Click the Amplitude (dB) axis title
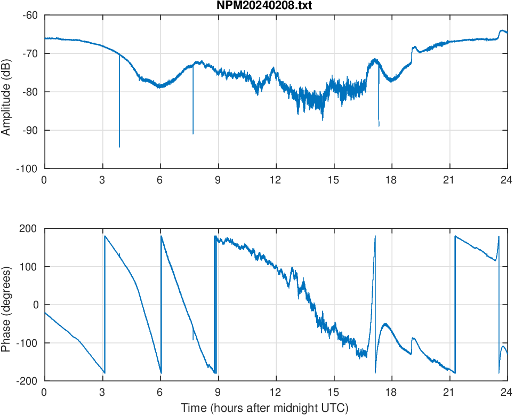coord(7,92)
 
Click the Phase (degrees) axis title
coord(7,305)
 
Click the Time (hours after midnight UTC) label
coord(264,408)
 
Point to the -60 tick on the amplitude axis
coord(31,15)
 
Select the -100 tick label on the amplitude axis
coord(29,169)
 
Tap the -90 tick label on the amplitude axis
coord(31,130)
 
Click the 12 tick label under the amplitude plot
coord(276,180)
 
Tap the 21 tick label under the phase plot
coord(449,392)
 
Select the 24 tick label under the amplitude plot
coord(507,180)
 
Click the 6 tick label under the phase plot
coord(160,392)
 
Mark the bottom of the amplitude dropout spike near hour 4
coord(119,147)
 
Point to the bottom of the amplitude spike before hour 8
coord(193,133)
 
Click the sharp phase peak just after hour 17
coord(375,236)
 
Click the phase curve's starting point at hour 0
coord(45,313)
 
